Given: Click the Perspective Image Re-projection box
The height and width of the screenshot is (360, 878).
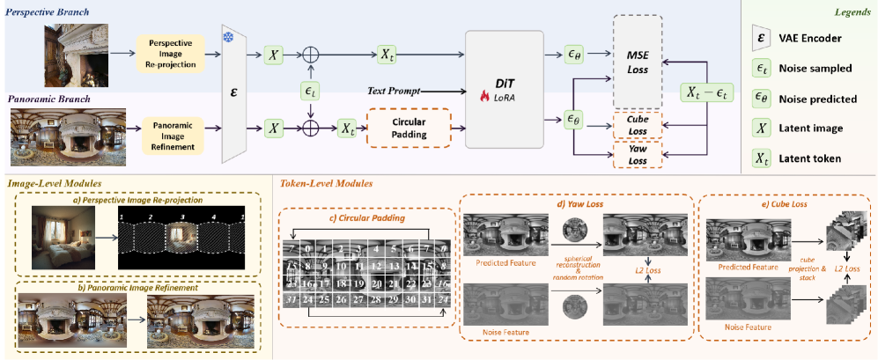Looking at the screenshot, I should tap(173, 54).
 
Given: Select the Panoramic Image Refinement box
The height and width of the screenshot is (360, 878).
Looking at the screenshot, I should tap(173, 129).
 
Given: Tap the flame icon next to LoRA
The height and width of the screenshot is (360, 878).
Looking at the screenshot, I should tap(484, 96).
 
